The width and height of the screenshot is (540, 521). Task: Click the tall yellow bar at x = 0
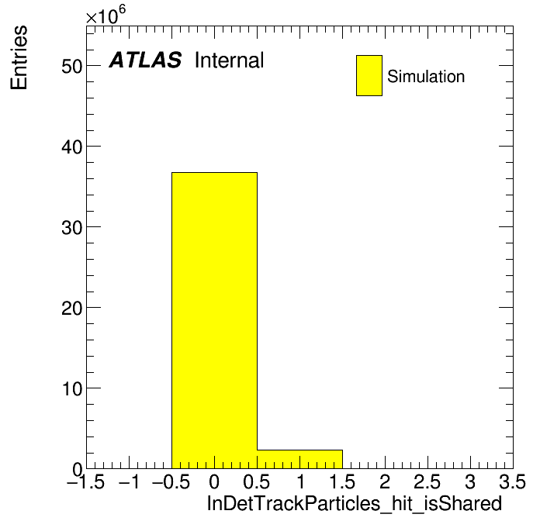[214, 320]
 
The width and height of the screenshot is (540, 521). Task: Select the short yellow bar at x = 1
[299, 459]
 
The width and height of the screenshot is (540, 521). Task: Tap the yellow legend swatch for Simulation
[369, 75]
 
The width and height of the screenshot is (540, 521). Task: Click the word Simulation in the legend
[426, 76]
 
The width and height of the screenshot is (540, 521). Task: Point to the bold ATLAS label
[145, 60]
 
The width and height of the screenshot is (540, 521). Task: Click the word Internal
[230, 60]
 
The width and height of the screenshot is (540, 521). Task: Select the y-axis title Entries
[19, 57]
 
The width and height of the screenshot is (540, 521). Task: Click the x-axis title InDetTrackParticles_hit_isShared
[354, 503]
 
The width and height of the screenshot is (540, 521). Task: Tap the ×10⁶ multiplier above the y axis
[106, 15]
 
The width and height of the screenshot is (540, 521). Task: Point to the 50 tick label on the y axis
[72, 66]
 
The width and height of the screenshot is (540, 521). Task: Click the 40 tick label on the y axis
[72, 147]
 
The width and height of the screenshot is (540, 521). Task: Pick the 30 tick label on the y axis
[72, 227]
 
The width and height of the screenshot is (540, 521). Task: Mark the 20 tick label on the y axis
[72, 308]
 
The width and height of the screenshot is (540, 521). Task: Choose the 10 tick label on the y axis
[72, 388]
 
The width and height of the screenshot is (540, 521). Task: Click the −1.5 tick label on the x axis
[86, 481]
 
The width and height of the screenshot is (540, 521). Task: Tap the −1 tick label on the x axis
[129, 481]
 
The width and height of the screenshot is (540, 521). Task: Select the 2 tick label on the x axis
[385, 481]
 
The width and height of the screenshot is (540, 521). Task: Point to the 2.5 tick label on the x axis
[427, 481]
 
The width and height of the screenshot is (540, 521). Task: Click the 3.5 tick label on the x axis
[512, 481]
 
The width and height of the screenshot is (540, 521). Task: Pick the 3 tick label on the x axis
[470, 481]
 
